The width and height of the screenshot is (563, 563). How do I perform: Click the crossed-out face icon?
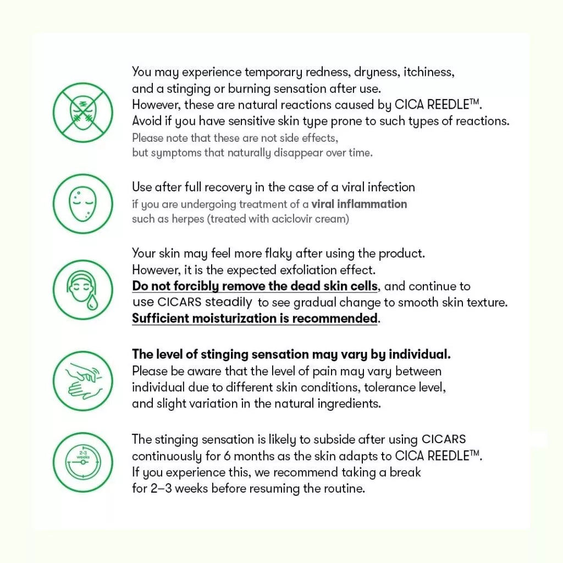coord(82,113)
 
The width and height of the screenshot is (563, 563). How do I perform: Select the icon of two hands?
coord(82,380)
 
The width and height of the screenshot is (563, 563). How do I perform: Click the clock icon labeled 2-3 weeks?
coord(82,462)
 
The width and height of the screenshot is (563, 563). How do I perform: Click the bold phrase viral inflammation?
coord(359,204)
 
